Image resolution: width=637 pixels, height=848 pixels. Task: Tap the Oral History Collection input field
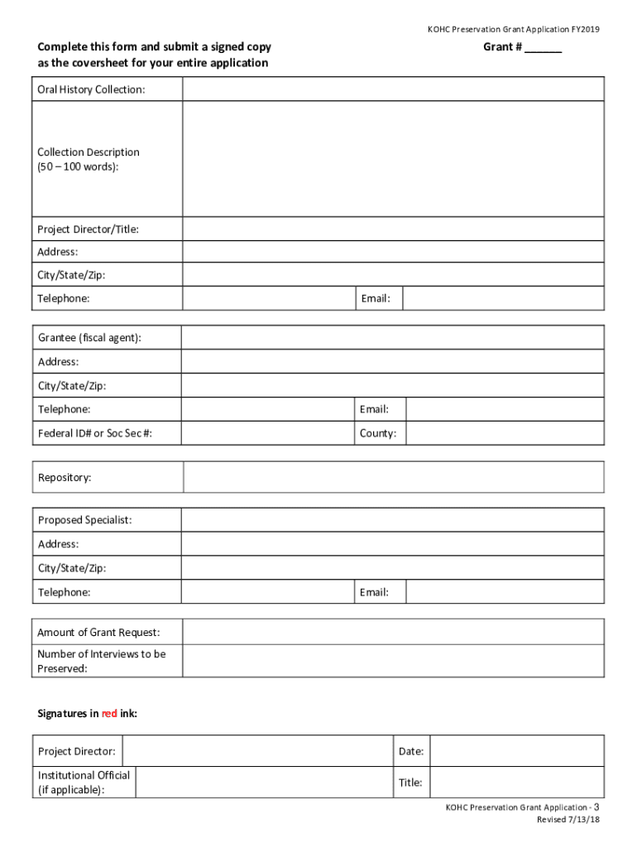pos(393,89)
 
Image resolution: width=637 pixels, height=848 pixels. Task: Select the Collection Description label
pos(89,159)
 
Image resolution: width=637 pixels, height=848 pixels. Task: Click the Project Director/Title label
pos(88,229)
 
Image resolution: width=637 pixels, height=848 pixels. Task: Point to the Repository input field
pos(393,478)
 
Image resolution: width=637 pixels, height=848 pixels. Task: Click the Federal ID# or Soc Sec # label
pos(95,433)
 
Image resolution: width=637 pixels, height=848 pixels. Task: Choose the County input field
pos(505,433)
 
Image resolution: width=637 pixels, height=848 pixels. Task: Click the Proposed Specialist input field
pos(392,520)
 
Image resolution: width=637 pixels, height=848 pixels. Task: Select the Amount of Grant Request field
pos(392,633)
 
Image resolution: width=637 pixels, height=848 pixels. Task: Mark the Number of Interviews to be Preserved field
pos(392,661)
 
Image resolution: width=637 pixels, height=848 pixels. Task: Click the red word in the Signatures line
pos(109,713)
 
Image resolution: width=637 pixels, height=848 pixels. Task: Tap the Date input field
pos(517,751)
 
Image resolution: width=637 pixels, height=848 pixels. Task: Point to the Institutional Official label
pos(84,783)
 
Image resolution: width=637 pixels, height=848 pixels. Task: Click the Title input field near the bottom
pos(517,783)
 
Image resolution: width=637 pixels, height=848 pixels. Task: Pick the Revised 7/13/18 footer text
pos(568,820)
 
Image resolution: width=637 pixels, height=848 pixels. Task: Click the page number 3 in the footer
pos(596,807)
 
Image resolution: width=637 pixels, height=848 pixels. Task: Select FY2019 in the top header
pos(584,30)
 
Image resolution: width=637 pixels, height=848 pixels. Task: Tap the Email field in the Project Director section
pos(503,298)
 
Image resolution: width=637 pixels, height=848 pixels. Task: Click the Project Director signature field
pos(256,751)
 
